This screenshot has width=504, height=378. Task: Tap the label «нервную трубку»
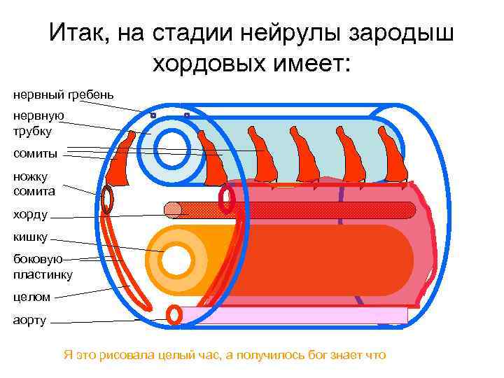[x=38, y=123]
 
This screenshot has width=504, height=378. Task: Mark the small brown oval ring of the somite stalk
[x=107, y=199]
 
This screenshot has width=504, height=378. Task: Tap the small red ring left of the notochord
[x=226, y=199]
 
